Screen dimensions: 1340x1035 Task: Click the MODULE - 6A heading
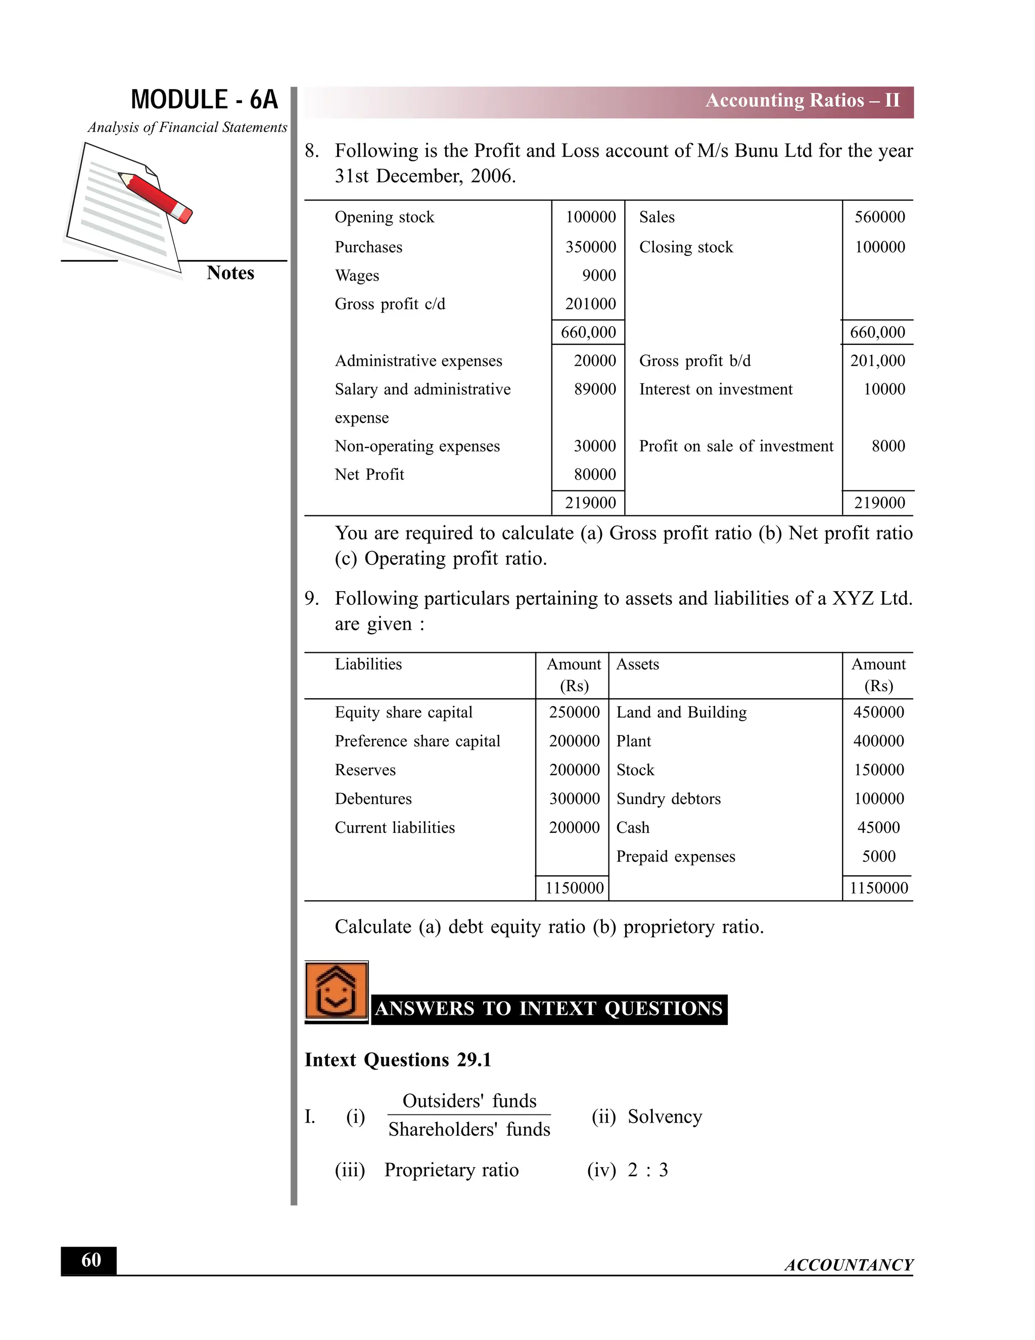tap(204, 100)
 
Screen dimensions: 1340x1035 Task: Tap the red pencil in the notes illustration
tap(156, 195)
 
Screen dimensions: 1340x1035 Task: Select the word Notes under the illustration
tap(230, 273)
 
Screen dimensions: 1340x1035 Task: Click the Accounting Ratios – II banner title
tap(802, 101)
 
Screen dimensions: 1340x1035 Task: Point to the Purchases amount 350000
tap(590, 247)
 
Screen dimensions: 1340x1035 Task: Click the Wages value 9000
tap(598, 276)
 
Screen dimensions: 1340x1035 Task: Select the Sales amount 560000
tap(879, 217)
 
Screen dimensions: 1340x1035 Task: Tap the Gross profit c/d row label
tap(390, 304)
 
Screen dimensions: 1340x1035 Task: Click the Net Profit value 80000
tap(594, 474)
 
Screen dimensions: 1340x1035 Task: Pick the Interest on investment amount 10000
tap(883, 389)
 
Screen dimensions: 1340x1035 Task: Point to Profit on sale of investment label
tap(736, 446)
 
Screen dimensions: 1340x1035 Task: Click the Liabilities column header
tap(368, 664)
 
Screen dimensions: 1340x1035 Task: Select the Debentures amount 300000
tap(574, 799)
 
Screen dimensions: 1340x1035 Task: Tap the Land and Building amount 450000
tap(878, 712)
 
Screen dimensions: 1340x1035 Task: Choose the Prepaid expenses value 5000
tap(878, 857)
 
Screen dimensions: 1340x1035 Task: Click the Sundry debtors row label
tap(668, 799)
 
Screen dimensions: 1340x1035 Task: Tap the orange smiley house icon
tap(336, 991)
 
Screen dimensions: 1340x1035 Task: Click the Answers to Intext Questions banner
tap(549, 1009)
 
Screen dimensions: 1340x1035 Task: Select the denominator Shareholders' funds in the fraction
tap(469, 1130)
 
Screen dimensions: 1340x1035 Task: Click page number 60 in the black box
tap(91, 1260)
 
